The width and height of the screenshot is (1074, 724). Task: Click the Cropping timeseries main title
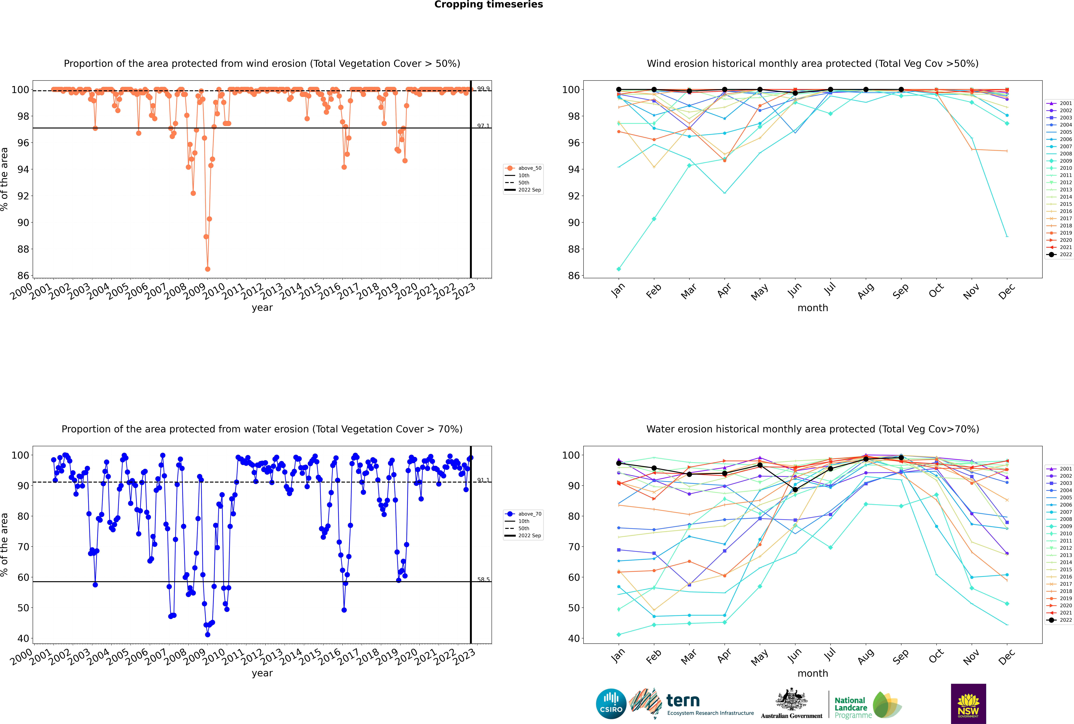tap(488, 5)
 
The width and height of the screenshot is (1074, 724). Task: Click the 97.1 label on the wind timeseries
tap(483, 126)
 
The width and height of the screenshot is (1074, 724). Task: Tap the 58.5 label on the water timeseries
tap(483, 579)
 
